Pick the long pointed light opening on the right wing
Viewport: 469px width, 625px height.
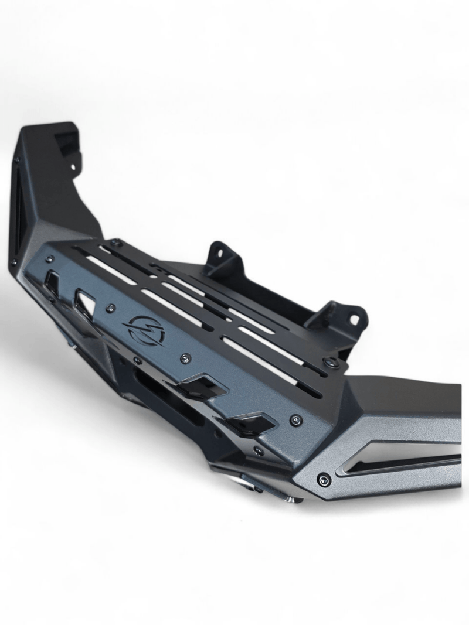pyautogui.click(x=399, y=457)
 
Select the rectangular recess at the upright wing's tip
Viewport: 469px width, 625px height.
pyautogui.click(x=66, y=141)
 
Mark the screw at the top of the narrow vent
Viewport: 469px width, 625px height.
pyautogui.click(x=17, y=159)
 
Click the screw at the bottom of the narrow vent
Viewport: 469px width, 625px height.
pyautogui.click(x=13, y=262)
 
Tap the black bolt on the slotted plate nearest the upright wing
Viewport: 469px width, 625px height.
pyautogui.click(x=117, y=242)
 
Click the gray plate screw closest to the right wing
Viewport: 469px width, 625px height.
pyautogui.click(x=297, y=419)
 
